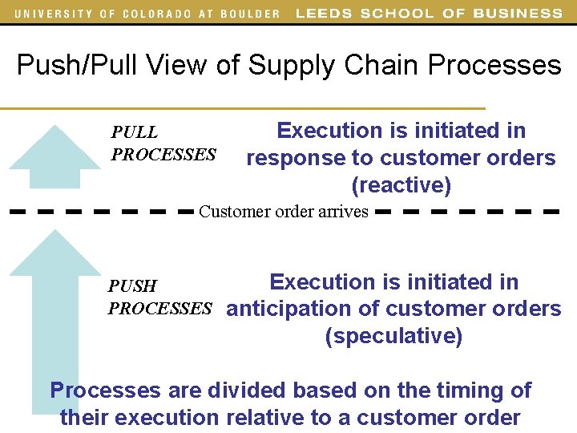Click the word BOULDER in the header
click(249, 14)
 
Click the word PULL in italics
click(135, 132)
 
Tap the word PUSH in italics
click(133, 286)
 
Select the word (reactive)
click(401, 186)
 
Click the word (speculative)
click(393, 336)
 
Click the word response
click(297, 159)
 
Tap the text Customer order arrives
click(284, 212)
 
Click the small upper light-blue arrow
click(55, 156)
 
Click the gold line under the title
click(240, 108)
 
